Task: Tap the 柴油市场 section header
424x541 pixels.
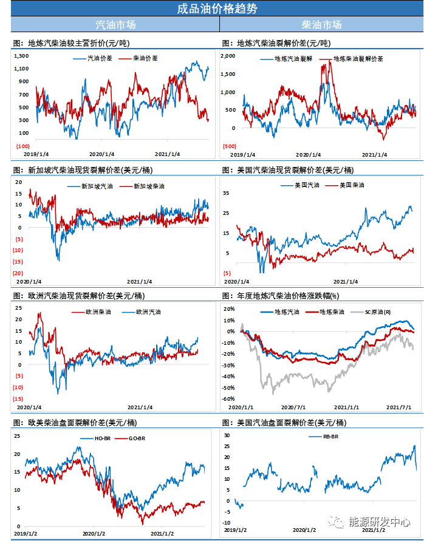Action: click(321, 25)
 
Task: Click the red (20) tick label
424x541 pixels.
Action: click(18, 273)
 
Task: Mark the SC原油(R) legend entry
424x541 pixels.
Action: click(377, 311)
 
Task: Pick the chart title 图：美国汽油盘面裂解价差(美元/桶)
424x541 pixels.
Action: click(284, 422)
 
